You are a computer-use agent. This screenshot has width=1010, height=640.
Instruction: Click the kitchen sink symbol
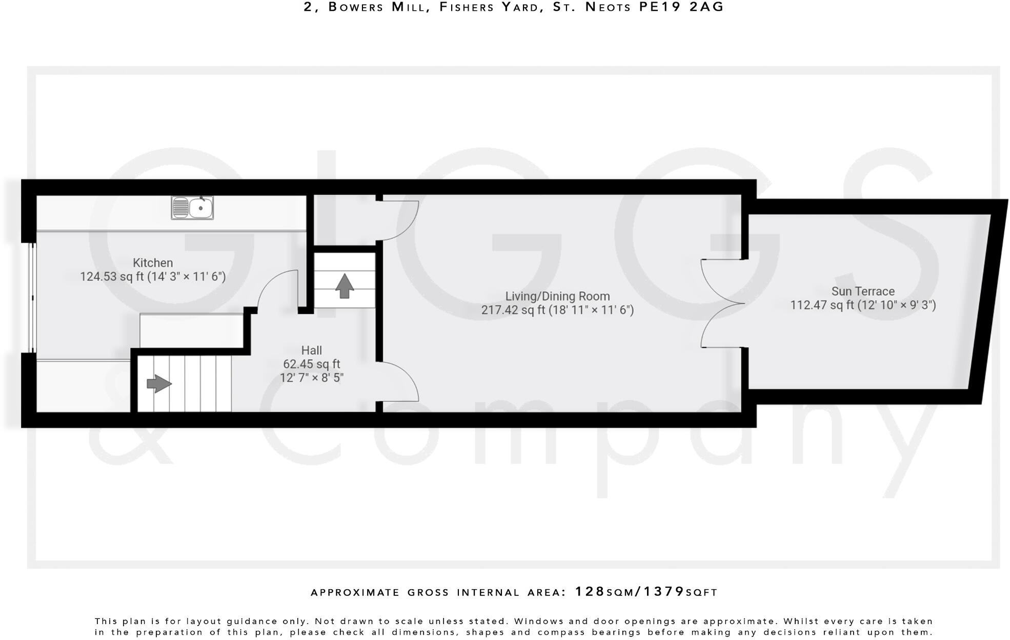pyautogui.click(x=192, y=208)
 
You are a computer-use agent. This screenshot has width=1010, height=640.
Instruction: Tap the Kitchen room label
pyautogui.click(x=153, y=263)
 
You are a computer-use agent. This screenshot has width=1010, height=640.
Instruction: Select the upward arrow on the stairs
pyautogui.click(x=345, y=286)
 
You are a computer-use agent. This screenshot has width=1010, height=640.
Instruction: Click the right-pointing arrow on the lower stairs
pyautogui.click(x=159, y=384)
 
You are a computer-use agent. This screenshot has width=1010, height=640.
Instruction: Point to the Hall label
pyautogui.click(x=311, y=350)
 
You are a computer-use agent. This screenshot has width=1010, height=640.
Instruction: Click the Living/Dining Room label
pyautogui.click(x=557, y=296)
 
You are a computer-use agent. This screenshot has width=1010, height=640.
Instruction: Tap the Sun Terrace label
pyautogui.click(x=863, y=291)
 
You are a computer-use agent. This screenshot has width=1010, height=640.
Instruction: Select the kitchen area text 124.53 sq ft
pyautogui.click(x=112, y=277)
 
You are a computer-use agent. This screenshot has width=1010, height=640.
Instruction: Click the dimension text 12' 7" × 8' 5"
pyautogui.click(x=311, y=378)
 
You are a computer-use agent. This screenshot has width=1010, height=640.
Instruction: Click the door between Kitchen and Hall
pyautogui.click(x=277, y=290)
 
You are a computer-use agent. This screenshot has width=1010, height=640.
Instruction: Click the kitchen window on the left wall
pyautogui.click(x=32, y=297)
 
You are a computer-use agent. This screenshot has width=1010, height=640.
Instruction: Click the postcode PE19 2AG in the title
pyautogui.click(x=681, y=7)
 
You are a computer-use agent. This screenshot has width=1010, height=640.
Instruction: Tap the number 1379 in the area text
pyautogui.click(x=664, y=592)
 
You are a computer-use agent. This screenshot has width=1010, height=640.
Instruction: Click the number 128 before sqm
pyautogui.click(x=590, y=592)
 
